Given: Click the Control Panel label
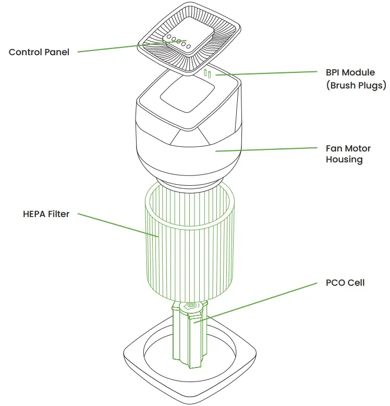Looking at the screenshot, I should [x=39, y=52].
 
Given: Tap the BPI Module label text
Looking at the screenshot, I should [x=350, y=72].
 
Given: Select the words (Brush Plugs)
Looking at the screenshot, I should [x=356, y=85].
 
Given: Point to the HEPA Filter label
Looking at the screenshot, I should [x=46, y=214].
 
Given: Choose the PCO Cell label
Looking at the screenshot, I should [x=345, y=283].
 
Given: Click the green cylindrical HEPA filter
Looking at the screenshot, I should [x=190, y=245].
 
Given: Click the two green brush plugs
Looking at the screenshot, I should [x=208, y=74].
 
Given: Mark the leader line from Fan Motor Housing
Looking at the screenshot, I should [x=266, y=149].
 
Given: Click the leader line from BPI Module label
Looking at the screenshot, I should [x=266, y=73].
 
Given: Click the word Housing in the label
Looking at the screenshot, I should [x=344, y=160].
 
